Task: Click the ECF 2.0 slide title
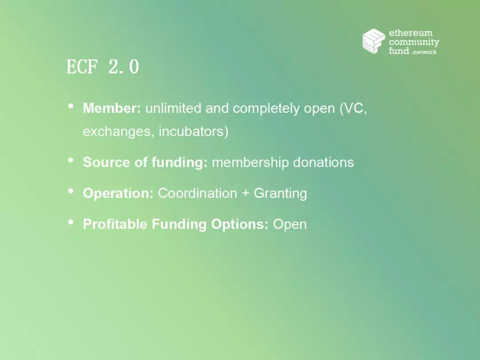pos(103,66)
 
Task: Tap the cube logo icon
pos(374,41)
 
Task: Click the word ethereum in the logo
pos(411,33)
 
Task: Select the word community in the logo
pos(414,42)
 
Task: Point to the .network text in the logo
pos(424,52)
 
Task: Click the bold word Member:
pos(112,108)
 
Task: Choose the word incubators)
pos(193,132)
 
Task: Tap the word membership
pos(250,163)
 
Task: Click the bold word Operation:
pos(118,193)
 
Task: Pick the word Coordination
pos(197,193)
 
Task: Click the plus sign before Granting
pos(245,193)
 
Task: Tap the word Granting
pos(280,193)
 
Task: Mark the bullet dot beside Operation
pos(71,191)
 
